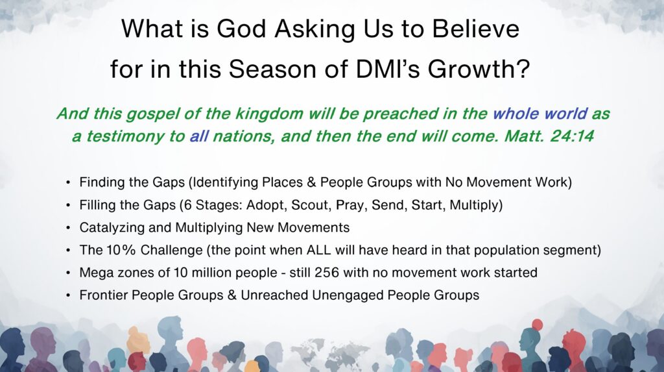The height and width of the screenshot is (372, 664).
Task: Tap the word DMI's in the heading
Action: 388,69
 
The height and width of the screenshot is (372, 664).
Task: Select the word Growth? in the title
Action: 479,69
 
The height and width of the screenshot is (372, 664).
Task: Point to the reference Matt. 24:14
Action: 549,136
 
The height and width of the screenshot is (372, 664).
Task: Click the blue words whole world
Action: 540,114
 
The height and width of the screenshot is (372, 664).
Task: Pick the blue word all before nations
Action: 198,136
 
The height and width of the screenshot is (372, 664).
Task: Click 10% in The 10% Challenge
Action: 121,250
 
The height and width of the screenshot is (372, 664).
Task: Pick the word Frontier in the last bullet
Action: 104,295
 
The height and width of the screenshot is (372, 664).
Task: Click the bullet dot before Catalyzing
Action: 67,229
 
